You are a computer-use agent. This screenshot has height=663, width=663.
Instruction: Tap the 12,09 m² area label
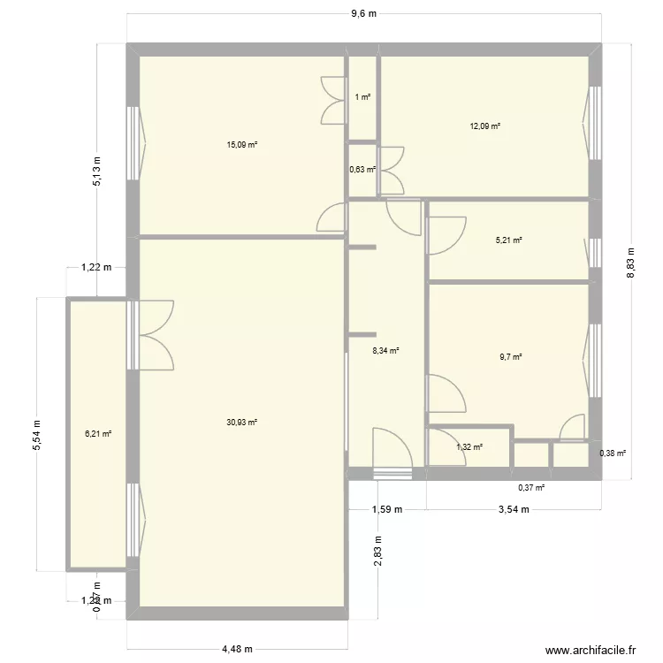pyautogui.click(x=485, y=126)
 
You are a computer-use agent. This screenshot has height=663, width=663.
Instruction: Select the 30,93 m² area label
pyautogui.click(x=241, y=423)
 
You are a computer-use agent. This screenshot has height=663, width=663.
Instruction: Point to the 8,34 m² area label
pyautogui.click(x=386, y=351)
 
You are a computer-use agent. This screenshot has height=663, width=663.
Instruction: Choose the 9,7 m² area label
pyautogui.click(x=510, y=357)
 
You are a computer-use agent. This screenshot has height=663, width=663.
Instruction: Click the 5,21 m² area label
pyautogui.click(x=509, y=240)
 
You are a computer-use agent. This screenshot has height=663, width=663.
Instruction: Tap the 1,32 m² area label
pyautogui.click(x=469, y=447)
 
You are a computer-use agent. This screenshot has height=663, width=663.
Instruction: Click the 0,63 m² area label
pyautogui.click(x=362, y=170)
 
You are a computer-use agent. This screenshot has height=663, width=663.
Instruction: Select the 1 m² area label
pyautogui.click(x=362, y=97)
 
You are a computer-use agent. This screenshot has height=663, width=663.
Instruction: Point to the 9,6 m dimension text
pyautogui.click(x=363, y=14)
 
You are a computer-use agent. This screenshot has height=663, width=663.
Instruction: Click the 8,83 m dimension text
pyautogui.click(x=631, y=262)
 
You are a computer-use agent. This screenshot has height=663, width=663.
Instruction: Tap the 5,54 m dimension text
pyautogui.click(x=37, y=434)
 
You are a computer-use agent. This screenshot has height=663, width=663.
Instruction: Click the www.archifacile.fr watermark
pyautogui.click(x=591, y=650)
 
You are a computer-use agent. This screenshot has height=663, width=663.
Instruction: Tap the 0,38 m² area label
pyautogui.click(x=613, y=454)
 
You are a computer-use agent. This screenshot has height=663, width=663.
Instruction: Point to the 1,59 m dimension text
pyautogui.click(x=386, y=509)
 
